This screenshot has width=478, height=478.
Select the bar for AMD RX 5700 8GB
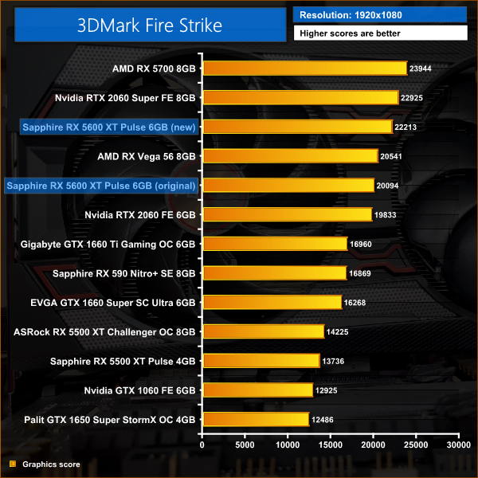click(305, 69)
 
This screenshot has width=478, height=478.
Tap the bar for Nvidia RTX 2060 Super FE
click(300, 97)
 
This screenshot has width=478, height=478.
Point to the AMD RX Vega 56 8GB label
click(147, 156)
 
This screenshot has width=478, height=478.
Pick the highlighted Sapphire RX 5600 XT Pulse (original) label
click(100, 186)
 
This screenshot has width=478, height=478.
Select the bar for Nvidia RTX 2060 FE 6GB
click(288, 214)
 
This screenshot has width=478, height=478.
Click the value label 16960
click(363, 244)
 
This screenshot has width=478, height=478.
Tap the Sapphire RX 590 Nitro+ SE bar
click(275, 273)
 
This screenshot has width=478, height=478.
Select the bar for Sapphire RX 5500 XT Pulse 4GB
click(261, 361)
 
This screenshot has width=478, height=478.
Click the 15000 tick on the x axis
click(331, 445)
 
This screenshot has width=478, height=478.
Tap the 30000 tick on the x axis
click(458, 445)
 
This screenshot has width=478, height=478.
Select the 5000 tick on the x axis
click(245, 445)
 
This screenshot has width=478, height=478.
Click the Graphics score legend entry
click(45, 464)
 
